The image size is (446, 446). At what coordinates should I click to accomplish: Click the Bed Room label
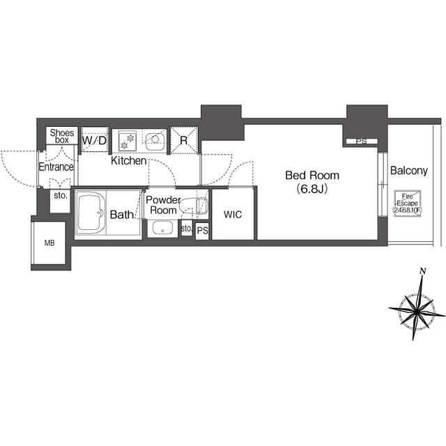click(312, 175)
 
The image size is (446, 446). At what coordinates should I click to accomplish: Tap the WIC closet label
click(233, 215)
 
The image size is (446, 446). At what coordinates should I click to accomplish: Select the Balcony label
click(409, 170)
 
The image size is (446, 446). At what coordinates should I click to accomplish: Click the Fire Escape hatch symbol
click(407, 203)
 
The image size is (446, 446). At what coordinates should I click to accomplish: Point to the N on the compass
click(423, 271)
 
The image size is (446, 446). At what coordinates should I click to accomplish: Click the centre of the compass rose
click(417, 312)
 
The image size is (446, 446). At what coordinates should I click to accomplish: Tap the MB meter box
click(49, 243)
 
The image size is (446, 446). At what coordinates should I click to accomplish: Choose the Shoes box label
click(62, 136)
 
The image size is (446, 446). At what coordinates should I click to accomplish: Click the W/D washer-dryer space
click(95, 140)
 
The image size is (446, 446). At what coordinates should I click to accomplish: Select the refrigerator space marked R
click(184, 140)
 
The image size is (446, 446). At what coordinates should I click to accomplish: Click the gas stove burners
click(127, 141)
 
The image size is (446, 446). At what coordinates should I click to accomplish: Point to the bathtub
click(91, 213)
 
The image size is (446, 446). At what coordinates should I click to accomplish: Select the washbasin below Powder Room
click(162, 228)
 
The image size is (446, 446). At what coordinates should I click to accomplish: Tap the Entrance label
click(56, 167)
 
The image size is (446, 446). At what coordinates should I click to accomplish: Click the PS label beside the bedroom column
click(362, 141)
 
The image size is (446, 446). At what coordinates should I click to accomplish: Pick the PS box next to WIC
click(203, 231)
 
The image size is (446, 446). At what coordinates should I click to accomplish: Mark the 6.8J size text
click(312, 189)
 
